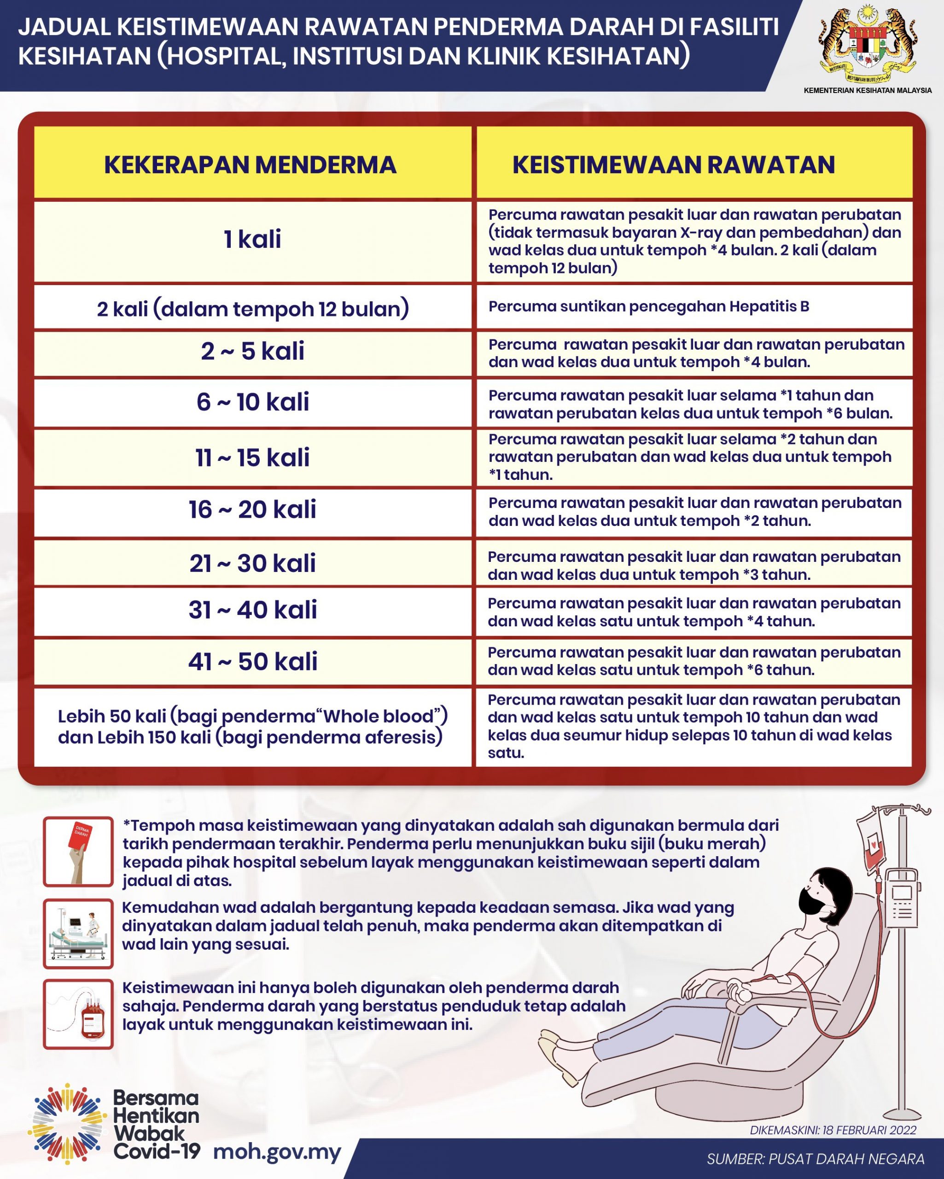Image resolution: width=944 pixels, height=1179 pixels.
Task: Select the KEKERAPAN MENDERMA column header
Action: (x=251, y=164)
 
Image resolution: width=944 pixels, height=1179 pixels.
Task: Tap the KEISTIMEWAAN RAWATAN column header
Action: (x=673, y=164)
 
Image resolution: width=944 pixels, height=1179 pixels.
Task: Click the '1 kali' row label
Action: (x=252, y=239)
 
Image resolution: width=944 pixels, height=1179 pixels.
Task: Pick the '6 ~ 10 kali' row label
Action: (x=253, y=402)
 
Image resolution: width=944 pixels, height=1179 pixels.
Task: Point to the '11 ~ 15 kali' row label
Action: (x=253, y=457)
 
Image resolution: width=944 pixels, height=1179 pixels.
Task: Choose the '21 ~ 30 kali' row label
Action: (x=253, y=563)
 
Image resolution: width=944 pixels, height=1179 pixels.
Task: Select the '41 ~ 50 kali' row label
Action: (x=253, y=661)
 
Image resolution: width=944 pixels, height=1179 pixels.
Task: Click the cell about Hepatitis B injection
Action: (x=649, y=306)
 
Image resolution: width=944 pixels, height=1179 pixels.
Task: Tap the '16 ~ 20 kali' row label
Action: (x=253, y=510)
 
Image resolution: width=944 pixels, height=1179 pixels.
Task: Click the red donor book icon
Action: (x=78, y=852)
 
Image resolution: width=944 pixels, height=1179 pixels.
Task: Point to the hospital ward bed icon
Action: (x=78, y=933)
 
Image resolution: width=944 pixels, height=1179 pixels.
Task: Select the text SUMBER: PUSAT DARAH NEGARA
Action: (x=816, y=1158)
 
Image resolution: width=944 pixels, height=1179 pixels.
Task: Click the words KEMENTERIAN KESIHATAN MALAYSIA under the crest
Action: (x=868, y=90)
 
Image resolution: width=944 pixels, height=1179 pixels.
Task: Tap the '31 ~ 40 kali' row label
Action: (x=253, y=610)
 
